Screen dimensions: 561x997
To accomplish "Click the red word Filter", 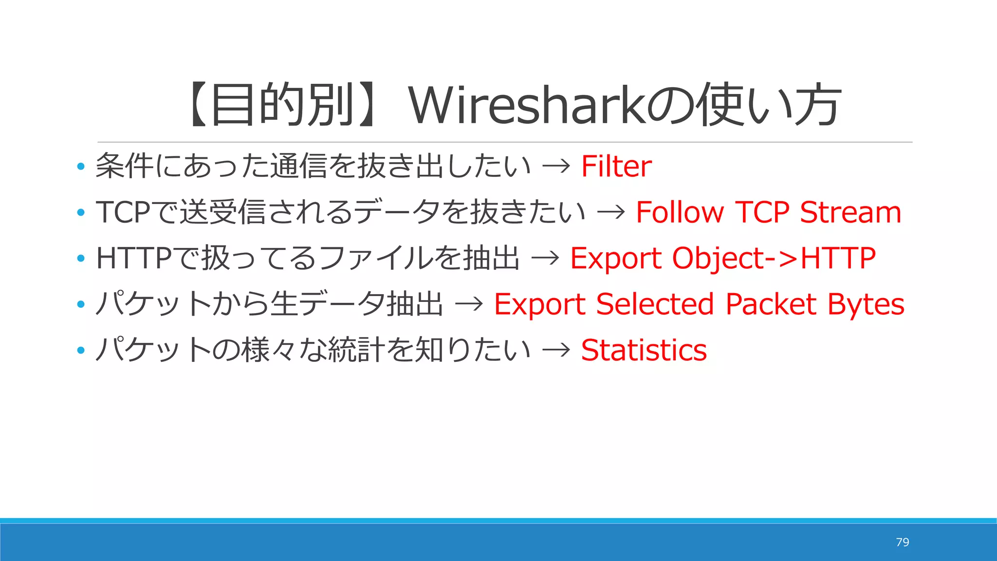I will click(x=616, y=167).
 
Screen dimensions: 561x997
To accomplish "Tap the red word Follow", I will click(x=680, y=212).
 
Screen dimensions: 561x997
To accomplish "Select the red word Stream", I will click(x=850, y=212).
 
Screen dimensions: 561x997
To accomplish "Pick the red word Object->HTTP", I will click(x=774, y=258).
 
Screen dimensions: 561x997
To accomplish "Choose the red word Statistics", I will click(x=644, y=350).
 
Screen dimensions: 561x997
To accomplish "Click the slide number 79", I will click(x=902, y=542).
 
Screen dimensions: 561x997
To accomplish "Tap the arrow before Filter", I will click(x=556, y=167).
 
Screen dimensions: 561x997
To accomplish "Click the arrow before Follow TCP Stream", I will click(x=611, y=212).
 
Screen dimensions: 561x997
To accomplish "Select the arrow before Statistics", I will click(x=556, y=350).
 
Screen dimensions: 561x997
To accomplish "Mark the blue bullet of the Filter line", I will click(x=81, y=167).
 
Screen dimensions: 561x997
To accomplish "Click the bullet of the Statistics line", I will click(x=81, y=351).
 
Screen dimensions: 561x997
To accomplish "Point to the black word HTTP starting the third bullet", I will click(x=134, y=258).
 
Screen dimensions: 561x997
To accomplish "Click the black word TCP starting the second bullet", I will click(x=123, y=212).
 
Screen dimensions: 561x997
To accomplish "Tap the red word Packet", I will click(x=771, y=304).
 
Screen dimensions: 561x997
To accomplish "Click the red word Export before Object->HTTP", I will click(x=615, y=258).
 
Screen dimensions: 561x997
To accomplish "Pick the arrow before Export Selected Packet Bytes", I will click(x=469, y=304).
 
